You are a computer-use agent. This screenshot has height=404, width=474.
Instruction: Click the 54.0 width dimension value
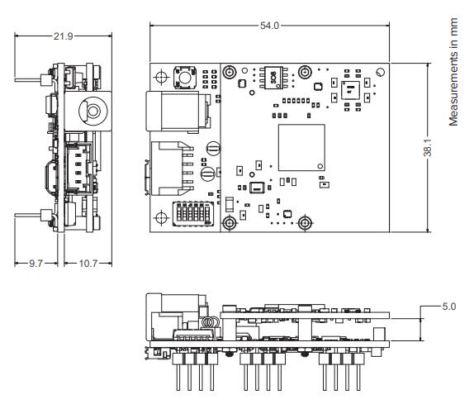tap(269, 26)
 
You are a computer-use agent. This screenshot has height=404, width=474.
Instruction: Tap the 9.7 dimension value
tap(34, 263)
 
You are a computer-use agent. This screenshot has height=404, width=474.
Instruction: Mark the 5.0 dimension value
tap(448, 306)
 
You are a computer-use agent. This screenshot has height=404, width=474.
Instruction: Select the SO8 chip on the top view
tap(270, 76)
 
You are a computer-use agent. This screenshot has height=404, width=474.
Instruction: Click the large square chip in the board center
tap(301, 149)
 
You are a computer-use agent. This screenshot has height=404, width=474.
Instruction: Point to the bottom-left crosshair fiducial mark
tap(161, 215)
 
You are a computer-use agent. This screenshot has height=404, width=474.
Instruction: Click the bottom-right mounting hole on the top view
tap(306, 223)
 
